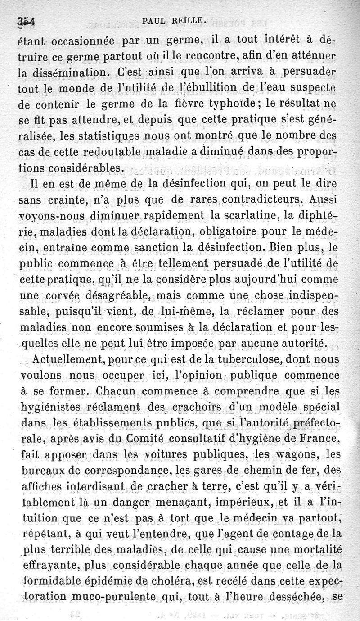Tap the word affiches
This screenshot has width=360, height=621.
[40, 487]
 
